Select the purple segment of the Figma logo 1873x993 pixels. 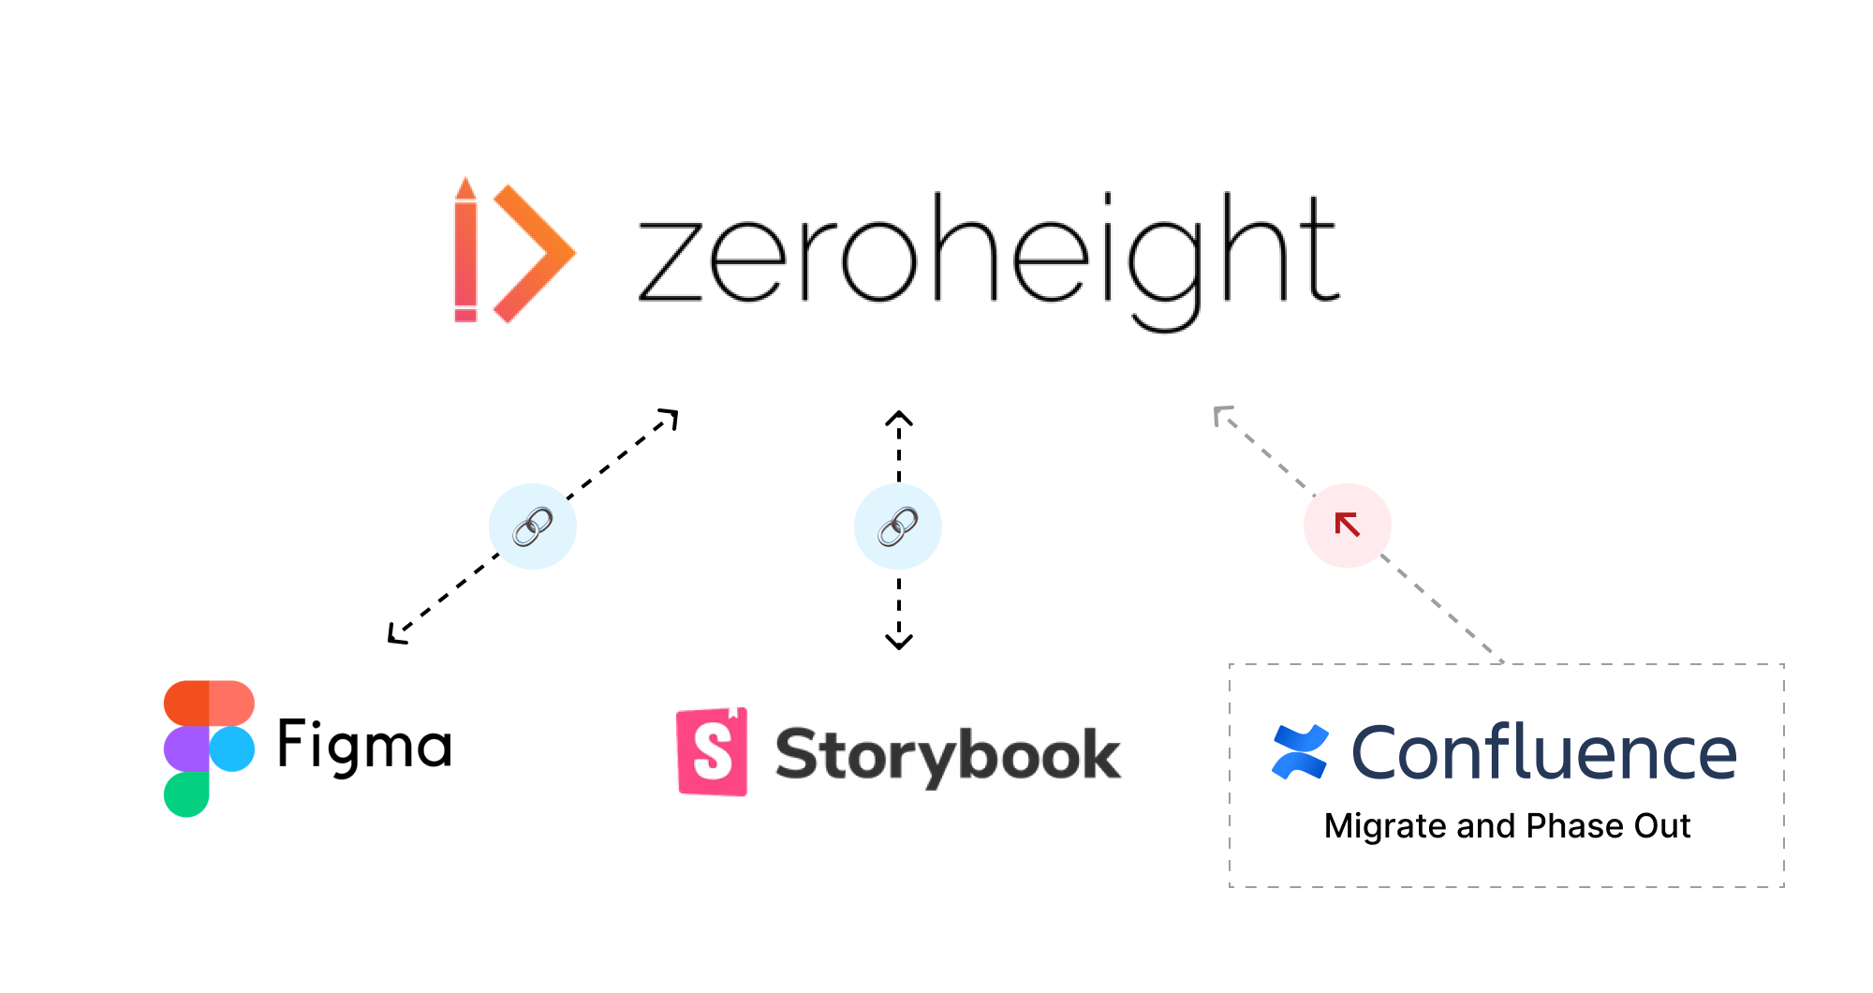point(185,748)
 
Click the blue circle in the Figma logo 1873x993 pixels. point(232,748)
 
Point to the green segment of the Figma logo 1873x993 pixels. point(185,794)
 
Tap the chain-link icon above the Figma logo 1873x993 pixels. point(531,526)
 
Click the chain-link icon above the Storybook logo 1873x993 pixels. point(897,526)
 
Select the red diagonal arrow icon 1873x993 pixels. point(1348,524)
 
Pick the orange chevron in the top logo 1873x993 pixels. point(534,253)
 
